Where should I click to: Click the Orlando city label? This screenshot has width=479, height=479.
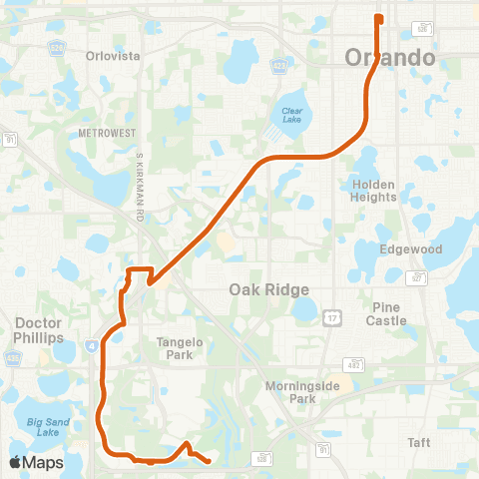tap(390, 57)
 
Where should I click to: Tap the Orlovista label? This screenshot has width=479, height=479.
tap(110, 56)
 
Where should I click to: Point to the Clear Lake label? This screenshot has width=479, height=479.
tap(291, 116)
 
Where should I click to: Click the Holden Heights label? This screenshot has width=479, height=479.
tap(374, 191)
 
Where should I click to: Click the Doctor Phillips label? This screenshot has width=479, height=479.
tap(40, 330)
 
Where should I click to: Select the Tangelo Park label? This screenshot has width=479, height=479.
tap(180, 347)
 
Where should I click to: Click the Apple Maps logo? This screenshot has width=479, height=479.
tap(36, 462)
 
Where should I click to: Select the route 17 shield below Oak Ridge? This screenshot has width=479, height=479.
tap(331, 316)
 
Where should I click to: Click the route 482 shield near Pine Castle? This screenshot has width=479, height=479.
tap(354, 364)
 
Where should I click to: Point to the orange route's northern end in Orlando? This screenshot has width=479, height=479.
tap(378, 16)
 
